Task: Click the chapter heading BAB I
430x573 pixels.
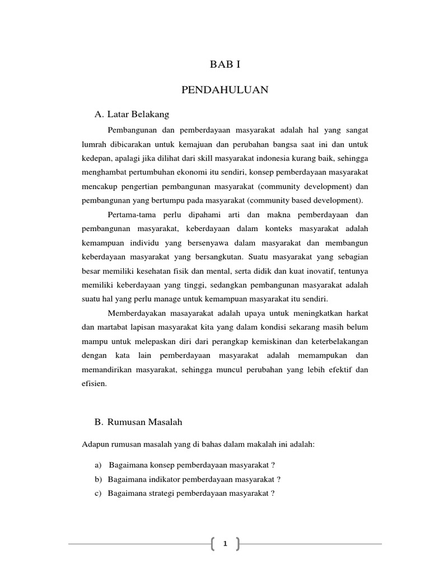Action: click(225, 64)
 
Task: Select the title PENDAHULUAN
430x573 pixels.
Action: click(225, 90)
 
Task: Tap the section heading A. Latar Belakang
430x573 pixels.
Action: click(132, 114)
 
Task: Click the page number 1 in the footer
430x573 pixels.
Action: click(225, 543)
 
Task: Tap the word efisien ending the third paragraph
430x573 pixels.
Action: click(94, 384)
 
